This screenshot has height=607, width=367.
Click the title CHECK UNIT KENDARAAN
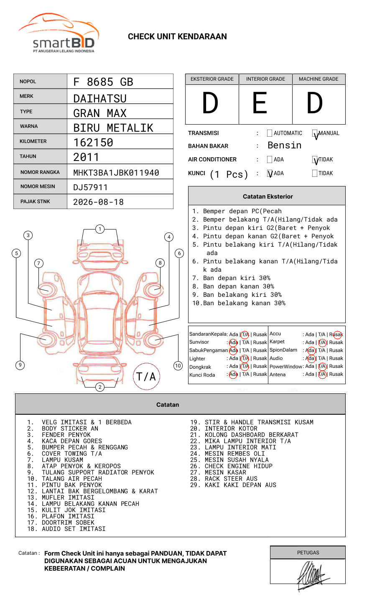(x=177, y=37)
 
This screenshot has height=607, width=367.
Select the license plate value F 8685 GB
(x=103, y=82)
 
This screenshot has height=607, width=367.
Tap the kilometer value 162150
(x=93, y=143)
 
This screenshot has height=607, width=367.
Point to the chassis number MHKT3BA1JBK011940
(x=116, y=173)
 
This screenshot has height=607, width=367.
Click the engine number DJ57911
(x=90, y=187)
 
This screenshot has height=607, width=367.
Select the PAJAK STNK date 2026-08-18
(x=98, y=202)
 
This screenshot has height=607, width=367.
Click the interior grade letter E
(x=260, y=103)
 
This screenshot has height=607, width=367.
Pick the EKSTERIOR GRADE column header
(x=212, y=79)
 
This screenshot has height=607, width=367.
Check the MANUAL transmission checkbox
(x=315, y=134)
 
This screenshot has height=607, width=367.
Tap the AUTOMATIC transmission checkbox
(x=270, y=133)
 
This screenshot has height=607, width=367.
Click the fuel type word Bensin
(x=284, y=145)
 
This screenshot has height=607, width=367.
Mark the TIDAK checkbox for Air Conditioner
(x=315, y=160)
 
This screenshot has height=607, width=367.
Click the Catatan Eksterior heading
(x=268, y=196)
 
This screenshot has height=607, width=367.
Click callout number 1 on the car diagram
(x=99, y=229)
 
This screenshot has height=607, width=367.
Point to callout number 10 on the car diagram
(x=178, y=366)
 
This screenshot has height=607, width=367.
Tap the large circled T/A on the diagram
(x=146, y=377)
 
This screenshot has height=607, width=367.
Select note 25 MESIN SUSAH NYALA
(x=237, y=460)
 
